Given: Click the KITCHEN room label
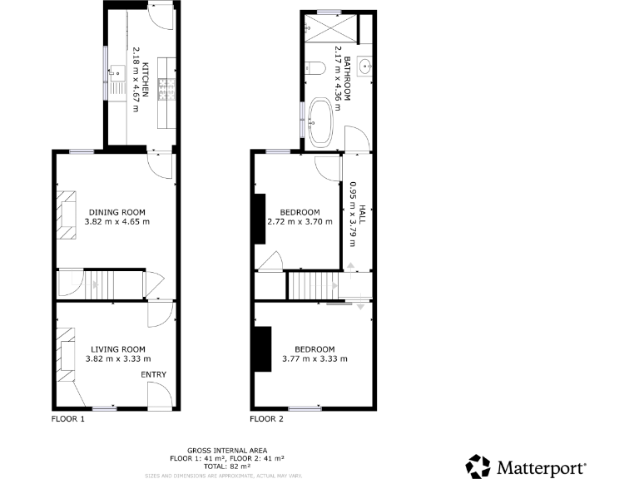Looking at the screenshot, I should tap(145, 81).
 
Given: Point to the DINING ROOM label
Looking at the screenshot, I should tap(117, 211).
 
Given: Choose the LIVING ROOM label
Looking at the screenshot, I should tap(118, 349).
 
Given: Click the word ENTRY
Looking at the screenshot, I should tap(154, 375).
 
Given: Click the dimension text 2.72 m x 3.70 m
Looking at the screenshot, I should tap(300, 222).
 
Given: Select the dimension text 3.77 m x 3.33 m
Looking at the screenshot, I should tap(315, 359).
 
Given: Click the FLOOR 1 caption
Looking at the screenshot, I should tap(68, 419).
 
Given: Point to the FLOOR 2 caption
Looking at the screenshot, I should tap(266, 419).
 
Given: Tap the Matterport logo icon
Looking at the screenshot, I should tap(478, 467).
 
